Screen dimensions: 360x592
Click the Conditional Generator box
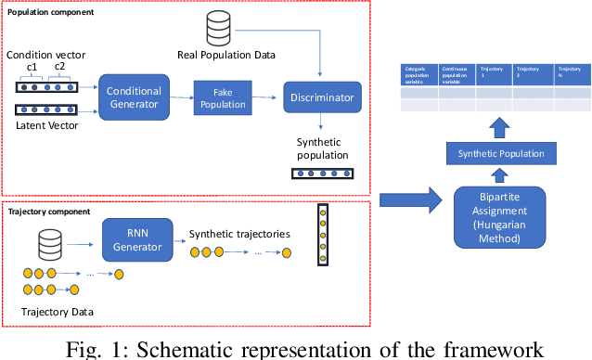point(134,96)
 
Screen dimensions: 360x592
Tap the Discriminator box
point(321,96)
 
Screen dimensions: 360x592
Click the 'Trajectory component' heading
point(48,212)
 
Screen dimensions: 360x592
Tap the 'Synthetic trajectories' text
point(239,234)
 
